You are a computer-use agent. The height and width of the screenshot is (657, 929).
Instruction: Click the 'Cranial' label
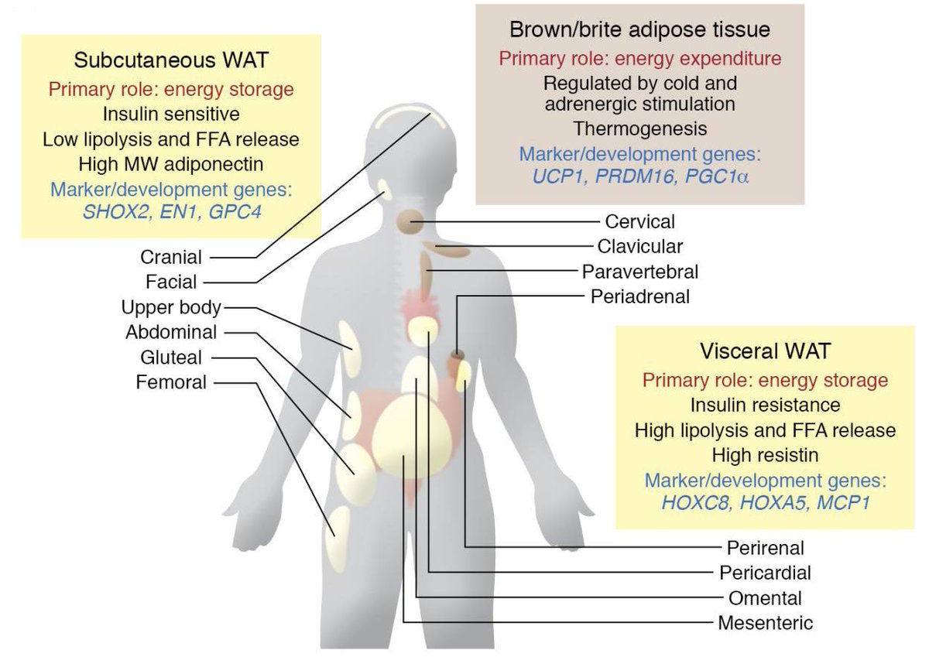pyautogui.click(x=171, y=258)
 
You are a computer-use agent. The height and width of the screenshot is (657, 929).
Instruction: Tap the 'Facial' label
pyautogui.click(x=171, y=282)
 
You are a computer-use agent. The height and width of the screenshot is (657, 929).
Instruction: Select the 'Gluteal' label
pyautogui.click(x=171, y=358)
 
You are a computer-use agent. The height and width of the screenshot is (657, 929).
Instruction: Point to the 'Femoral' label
pyautogui.click(x=171, y=382)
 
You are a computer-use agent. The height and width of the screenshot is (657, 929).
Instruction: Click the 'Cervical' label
pyautogui.click(x=639, y=222)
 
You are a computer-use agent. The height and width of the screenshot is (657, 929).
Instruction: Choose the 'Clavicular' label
pyautogui.click(x=640, y=247)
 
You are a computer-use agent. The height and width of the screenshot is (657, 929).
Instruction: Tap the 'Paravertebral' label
pyautogui.click(x=640, y=272)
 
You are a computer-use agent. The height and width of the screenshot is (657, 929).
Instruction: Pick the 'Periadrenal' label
pyautogui.click(x=639, y=296)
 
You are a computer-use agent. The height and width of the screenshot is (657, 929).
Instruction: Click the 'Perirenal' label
pyautogui.click(x=766, y=548)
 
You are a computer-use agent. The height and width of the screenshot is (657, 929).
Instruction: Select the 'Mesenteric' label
pyautogui.click(x=766, y=623)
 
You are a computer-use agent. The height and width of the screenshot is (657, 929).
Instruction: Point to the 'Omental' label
pyautogui.click(x=766, y=598)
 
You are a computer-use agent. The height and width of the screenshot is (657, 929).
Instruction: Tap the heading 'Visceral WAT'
pyautogui.click(x=765, y=351)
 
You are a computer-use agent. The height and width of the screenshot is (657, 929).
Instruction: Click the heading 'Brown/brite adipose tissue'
pyautogui.click(x=639, y=30)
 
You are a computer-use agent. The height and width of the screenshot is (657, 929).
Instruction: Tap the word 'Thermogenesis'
pyautogui.click(x=639, y=127)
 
